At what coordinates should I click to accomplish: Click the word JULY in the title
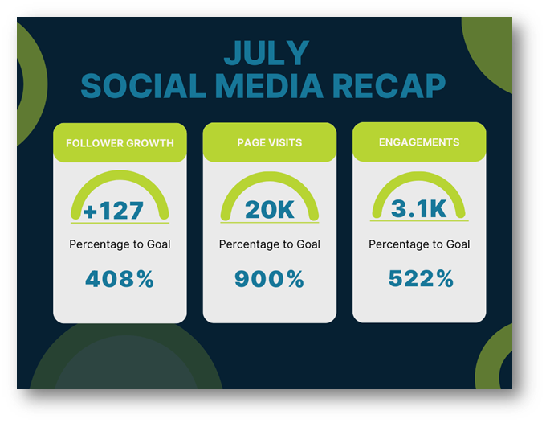pyautogui.click(x=267, y=52)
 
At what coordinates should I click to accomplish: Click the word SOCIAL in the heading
pyautogui.click(x=144, y=86)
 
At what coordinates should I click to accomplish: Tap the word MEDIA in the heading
pyautogui.click(x=269, y=86)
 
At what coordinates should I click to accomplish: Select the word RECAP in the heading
pyautogui.click(x=389, y=86)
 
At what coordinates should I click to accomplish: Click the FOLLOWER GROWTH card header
pyautogui.click(x=120, y=142)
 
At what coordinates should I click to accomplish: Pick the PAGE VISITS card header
pyautogui.click(x=270, y=142)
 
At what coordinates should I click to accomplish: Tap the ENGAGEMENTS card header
pyautogui.click(x=419, y=142)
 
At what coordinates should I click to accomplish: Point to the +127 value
pyautogui.click(x=113, y=210)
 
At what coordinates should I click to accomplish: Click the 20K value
pyautogui.click(x=270, y=209)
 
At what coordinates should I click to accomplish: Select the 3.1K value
pyautogui.click(x=419, y=208)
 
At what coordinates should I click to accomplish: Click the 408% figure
pyautogui.click(x=120, y=279)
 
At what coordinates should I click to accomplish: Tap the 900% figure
pyautogui.click(x=270, y=279)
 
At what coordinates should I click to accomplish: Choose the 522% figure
pyautogui.click(x=421, y=278)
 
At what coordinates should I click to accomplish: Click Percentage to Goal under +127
pyautogui.click(x=120, y=244)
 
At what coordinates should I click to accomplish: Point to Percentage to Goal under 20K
pyautogui.click(x=270, y=244)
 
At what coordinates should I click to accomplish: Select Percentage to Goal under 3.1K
pyautogui.click(x=419, y=244)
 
